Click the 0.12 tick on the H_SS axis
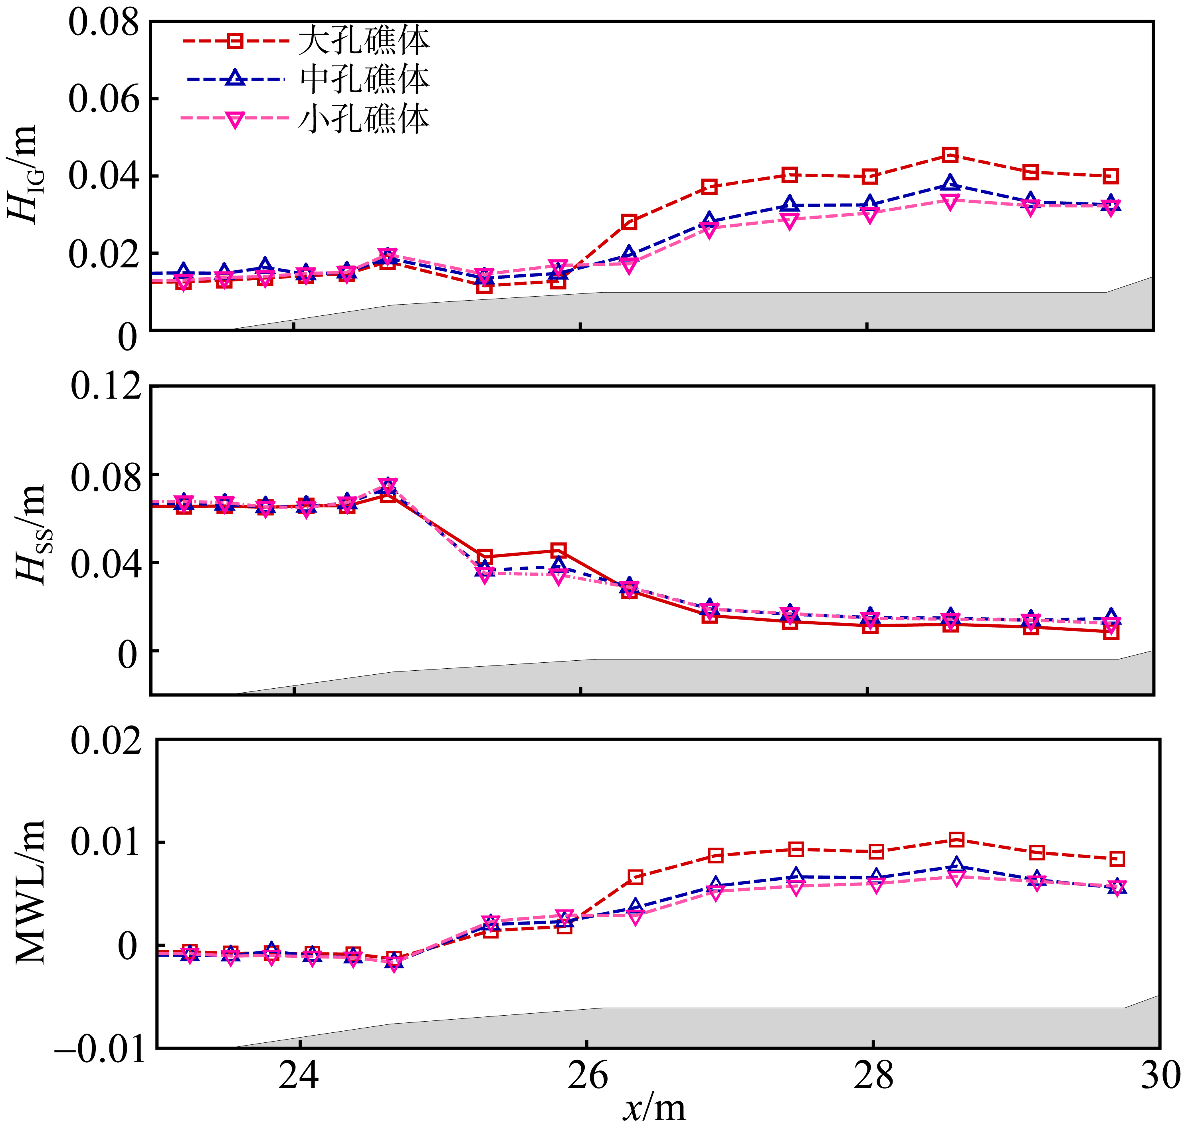point(106,386)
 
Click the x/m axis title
point(654,1108)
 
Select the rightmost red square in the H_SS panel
point(1111,632)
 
